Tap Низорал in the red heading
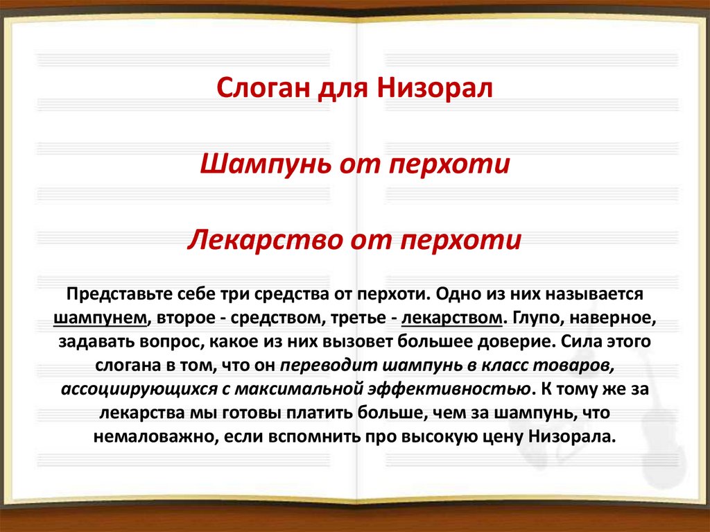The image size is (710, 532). coord(435,89)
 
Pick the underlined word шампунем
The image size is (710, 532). coord(101,318)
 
